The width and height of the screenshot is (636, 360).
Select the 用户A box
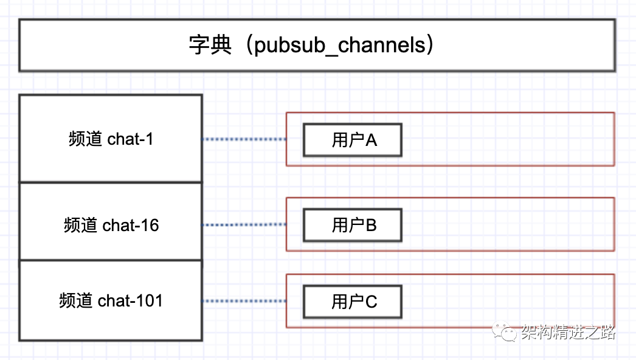coord(353,140)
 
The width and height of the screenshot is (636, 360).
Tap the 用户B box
coord(353,225)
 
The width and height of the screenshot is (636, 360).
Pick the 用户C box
coord(353,302)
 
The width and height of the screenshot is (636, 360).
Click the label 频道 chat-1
coord(111,139)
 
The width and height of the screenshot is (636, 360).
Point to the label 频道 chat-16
coord(111,225)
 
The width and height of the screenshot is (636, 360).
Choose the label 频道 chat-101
coord(111,300)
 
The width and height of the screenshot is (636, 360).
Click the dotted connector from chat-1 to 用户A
coord(244,139)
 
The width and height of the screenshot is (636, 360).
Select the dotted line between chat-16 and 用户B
coord(244,224)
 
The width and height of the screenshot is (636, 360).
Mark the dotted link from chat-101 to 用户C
coord(244,301)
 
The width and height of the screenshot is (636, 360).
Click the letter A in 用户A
coord(371,140)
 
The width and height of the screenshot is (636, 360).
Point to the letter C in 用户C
coord(371,302)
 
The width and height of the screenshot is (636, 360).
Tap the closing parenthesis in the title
coord(430,46)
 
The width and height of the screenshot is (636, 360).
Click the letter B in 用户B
coord(371,225)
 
